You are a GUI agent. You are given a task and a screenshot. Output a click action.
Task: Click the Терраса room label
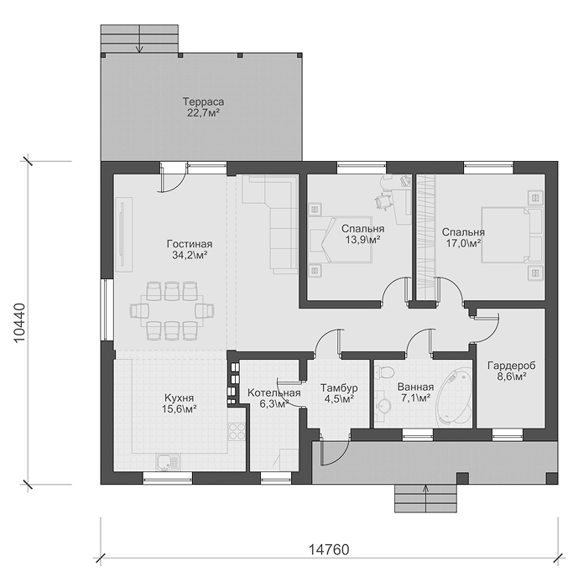pos(203,107)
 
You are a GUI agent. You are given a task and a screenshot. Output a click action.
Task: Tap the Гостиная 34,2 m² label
pos(189,250)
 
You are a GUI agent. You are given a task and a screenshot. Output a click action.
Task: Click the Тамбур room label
pos(339,393)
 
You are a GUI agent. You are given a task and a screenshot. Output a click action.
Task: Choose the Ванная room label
pos(415,392)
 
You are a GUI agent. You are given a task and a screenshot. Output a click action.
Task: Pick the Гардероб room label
pos(512,371)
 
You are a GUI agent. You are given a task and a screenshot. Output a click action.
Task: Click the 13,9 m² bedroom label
pos(362,234)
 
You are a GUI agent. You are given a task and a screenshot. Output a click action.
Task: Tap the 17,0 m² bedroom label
pos(463,237)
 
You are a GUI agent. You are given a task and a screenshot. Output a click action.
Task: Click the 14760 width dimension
pos(329,549)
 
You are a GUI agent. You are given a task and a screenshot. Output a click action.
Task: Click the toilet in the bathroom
pos(384,373)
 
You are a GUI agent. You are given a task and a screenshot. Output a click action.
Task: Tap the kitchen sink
pos(168,462)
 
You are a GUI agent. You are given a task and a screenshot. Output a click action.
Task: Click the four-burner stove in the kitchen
pos(237,430)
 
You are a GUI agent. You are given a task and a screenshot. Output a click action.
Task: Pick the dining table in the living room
pos(172,311)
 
